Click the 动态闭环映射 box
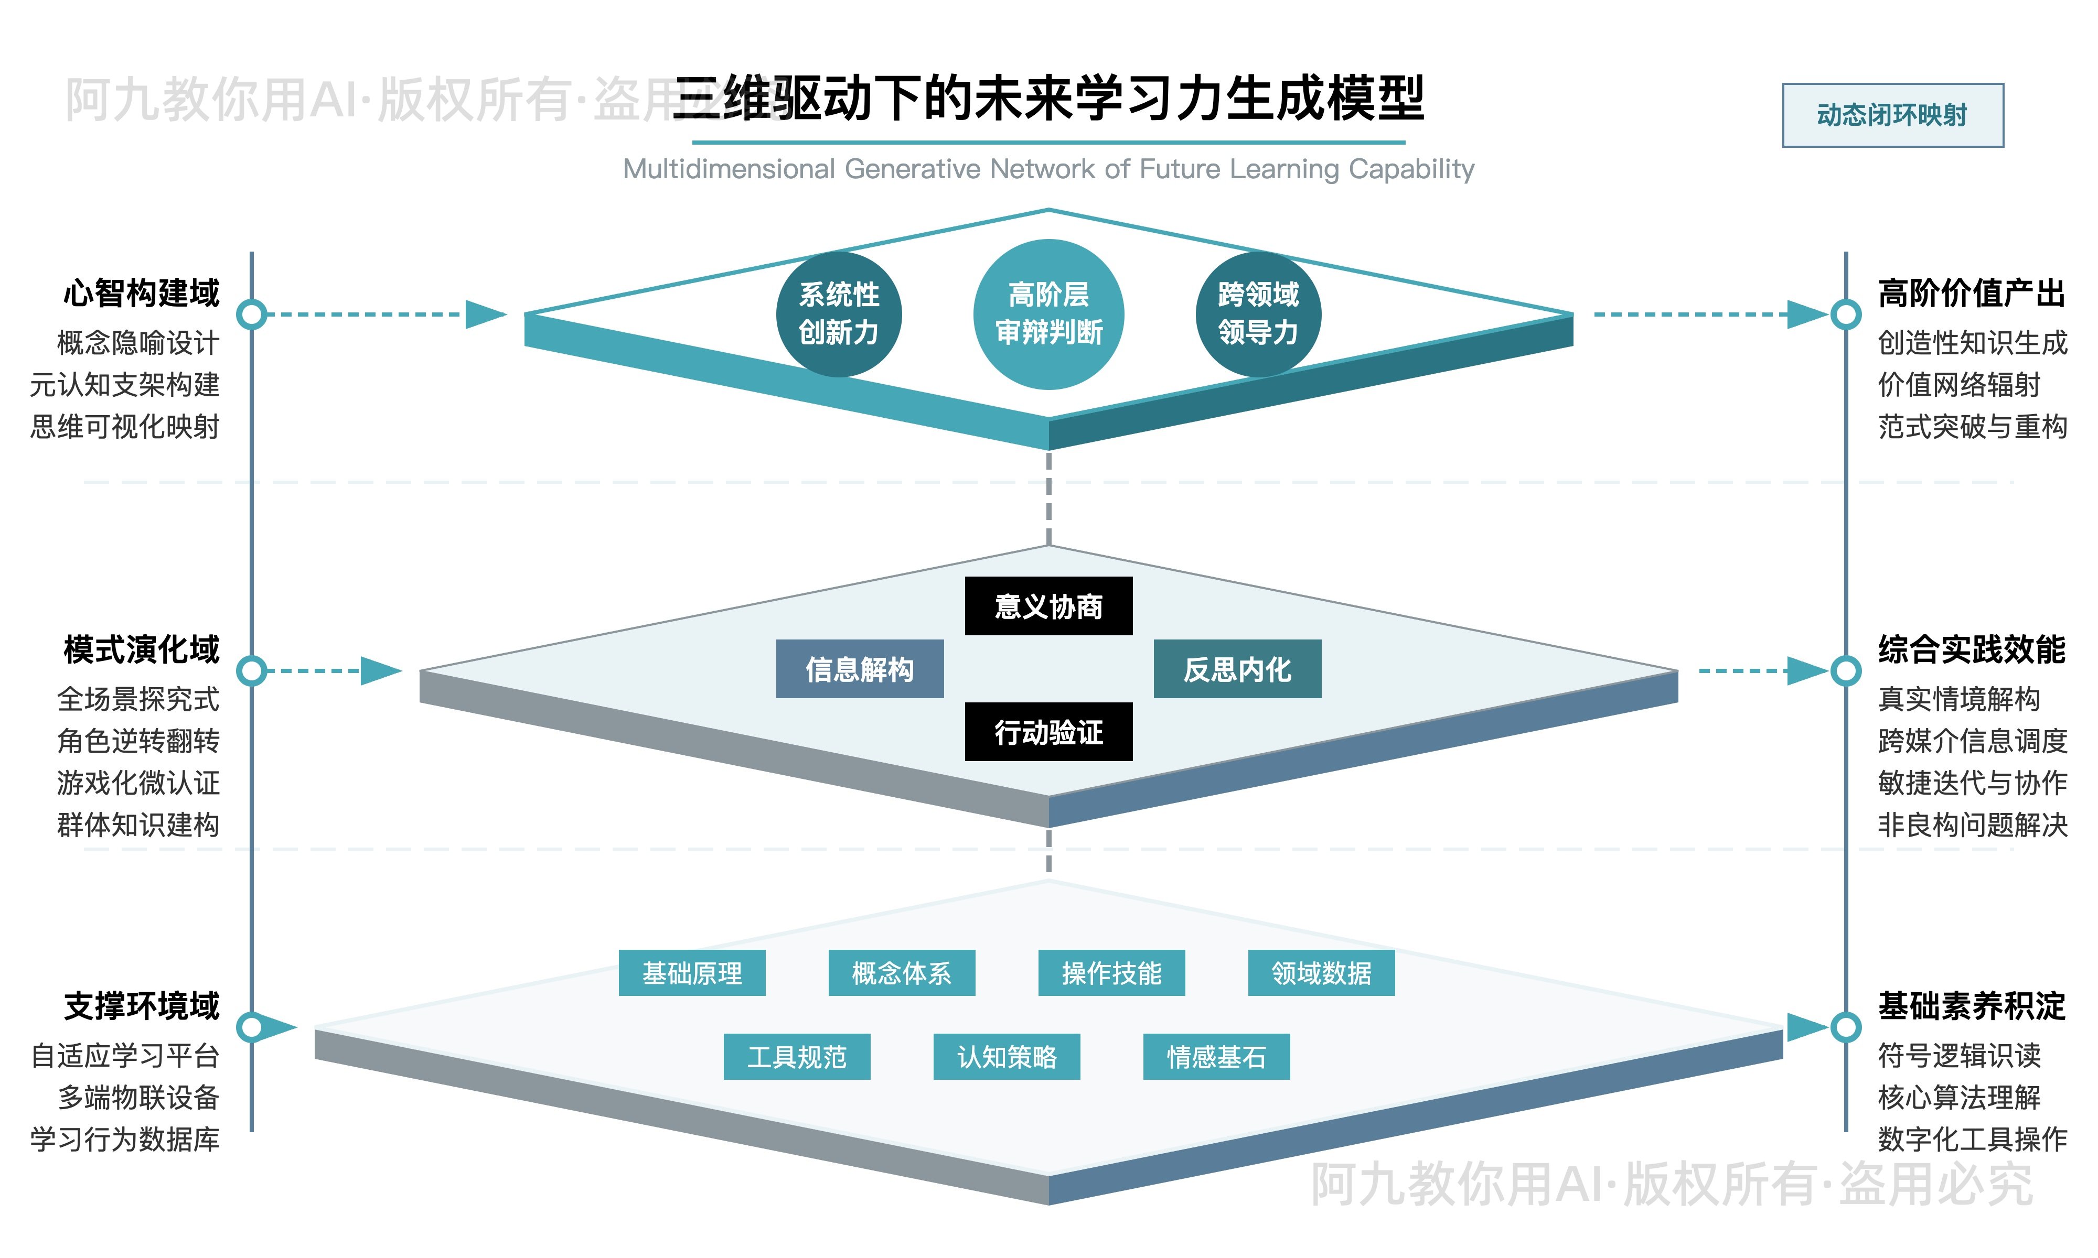(x=1892, y=115)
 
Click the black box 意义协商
(x=1048, y=606)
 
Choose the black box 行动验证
(x=1048, y=732)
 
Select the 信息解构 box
(x=859, y=669)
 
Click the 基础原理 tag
(x=692, y=973)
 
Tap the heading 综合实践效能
(x=1972, y=649)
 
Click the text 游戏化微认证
(x=138, y=783)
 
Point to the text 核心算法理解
(x=1959, y=1097)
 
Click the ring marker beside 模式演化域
(x=251, y=670)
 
